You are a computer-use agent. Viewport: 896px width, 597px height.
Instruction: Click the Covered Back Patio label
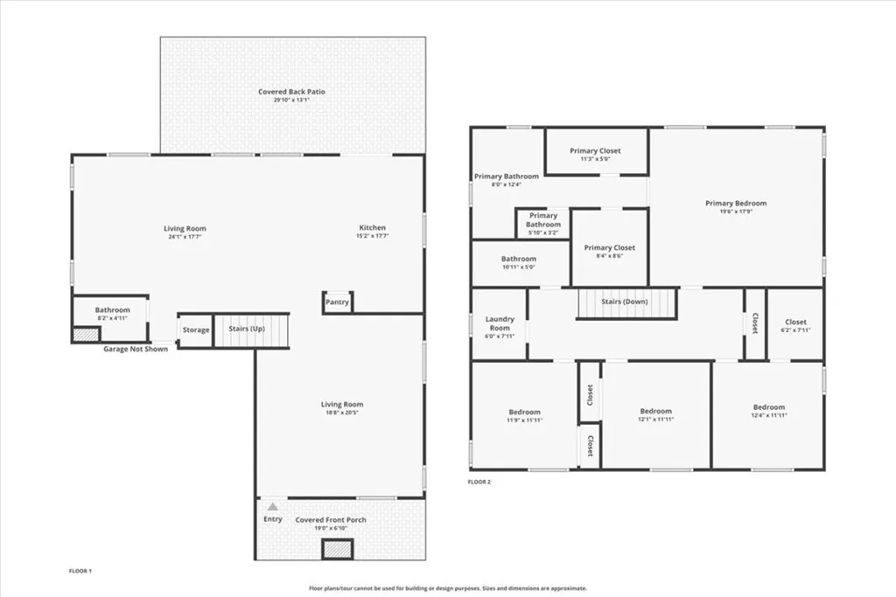click(291, 92)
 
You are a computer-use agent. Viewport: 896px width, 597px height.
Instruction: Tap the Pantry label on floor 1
click(337, 302)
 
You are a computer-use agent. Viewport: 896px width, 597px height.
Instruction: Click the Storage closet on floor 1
click(195, 330)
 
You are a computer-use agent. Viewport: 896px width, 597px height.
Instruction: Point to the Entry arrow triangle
click(273, 506)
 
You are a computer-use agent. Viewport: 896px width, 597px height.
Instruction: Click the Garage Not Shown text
click(136, 348)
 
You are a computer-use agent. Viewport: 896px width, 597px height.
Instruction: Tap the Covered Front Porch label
click(331, 520)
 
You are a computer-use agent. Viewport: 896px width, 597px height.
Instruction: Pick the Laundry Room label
click(500, 323)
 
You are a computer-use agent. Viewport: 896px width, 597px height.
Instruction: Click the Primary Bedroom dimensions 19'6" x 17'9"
click(736, 211)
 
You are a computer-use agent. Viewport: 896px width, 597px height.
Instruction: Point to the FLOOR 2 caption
click(479, 482)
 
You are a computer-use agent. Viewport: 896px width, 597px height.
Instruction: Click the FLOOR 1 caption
click(80, 571)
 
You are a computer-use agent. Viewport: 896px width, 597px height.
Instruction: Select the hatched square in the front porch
click(337, 550)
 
